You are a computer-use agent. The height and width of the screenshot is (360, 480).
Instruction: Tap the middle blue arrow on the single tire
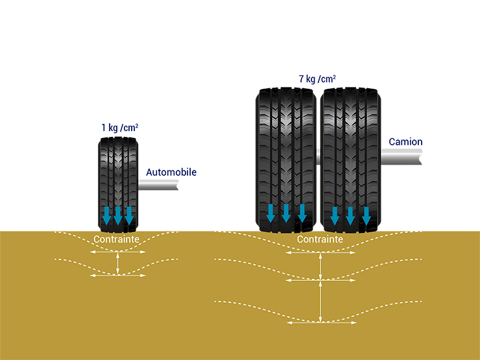click(x=118, y=215)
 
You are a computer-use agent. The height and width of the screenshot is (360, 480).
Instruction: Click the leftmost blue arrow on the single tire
click(x=108, y=215)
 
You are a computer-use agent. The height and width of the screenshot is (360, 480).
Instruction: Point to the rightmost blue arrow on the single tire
click(x=128, y=215)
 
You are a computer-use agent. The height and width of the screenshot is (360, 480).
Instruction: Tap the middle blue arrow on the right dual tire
click(x=350, y=214)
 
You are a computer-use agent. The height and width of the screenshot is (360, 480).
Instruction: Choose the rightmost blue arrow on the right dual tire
click(x=366, y=214)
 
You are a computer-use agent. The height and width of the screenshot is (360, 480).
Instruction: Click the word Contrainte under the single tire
click(x=117, y=239)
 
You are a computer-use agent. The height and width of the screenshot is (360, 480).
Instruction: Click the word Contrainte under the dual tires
click(x=320, y=239)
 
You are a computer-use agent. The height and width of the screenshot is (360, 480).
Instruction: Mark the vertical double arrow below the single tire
click(x=117, y=263)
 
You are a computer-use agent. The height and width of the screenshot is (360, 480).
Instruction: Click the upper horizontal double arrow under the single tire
click(x=117, y=252)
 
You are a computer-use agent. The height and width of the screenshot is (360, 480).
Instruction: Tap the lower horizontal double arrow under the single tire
click(x=117, y=276)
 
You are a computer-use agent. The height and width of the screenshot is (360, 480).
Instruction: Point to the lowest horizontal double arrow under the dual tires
click(x=320, y=322)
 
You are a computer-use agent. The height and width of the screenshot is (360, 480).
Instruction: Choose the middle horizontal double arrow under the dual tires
click(x=320, y=280)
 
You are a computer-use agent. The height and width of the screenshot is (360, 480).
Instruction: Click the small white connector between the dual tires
click(x=318, y=156)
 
